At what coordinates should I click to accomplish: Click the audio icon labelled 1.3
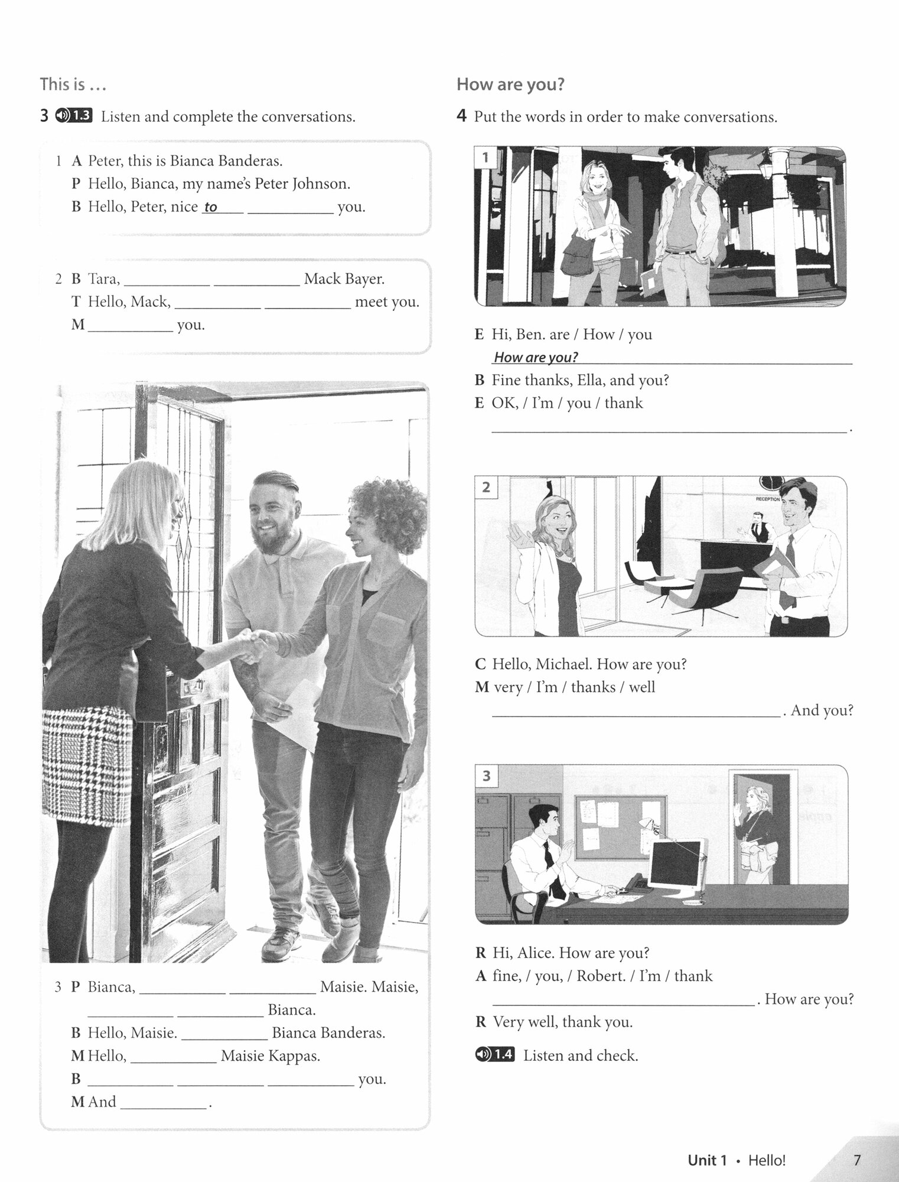(74, 116)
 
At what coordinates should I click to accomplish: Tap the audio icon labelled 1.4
(494, 1055)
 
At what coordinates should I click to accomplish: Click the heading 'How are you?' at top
(510, 85)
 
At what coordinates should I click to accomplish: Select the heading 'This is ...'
(73, 85)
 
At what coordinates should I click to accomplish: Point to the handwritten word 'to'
(211, 207)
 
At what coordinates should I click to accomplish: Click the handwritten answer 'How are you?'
(535, 357)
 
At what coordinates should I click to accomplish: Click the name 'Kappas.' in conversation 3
(294, 1056)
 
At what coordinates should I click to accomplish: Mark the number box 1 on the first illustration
(486, 157)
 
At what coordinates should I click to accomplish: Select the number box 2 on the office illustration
(486, 487)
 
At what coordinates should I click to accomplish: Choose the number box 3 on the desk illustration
(486, 775)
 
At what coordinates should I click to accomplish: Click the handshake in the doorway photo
(250, 645)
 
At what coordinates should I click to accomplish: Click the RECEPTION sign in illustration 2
(767, 499)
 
